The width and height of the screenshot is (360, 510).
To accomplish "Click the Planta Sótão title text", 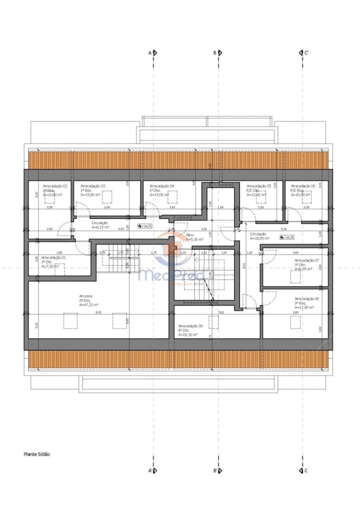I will tap(37, 454).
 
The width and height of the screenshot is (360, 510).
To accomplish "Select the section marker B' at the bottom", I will tap(217, 471).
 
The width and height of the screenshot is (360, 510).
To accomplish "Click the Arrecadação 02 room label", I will tap(55, 186).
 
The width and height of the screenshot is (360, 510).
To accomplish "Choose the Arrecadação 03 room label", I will tap(93, 186).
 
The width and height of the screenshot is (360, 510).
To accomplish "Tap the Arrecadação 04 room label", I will tap(162, 186).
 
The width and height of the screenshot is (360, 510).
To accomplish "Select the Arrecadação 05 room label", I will tap(259, 186).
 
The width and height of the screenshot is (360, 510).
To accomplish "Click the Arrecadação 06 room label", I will tap(303, 186).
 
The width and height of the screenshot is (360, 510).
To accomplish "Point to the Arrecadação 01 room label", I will tap(53, 257).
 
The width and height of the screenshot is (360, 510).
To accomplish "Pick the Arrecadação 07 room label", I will tap(307, 260).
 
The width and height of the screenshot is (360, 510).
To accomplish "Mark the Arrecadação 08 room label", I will tap(307, 299).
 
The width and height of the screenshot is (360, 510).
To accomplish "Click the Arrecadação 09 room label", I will tap(190, 326).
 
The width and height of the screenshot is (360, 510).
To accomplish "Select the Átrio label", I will tap(190, 235).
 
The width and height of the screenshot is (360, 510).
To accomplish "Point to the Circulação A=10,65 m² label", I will tap(259, 236).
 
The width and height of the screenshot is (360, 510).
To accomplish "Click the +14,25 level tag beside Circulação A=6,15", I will tap(145, 226).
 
